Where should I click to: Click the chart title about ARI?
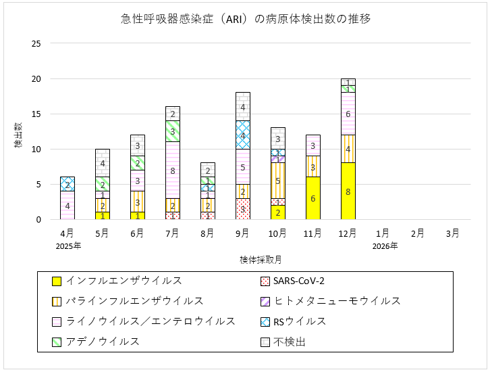pyautogui.click(x=244, y=19)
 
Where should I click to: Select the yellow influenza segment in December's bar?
pyautogui.click(x=348, y=191)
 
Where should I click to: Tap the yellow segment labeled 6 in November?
pyautogui.click(x=312, y=198)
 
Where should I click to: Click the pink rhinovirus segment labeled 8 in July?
pyautogui.click(x=172, y=170)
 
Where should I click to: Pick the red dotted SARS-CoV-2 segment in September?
pyautogui.click(x=242, y=209)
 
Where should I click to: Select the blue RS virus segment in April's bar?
pyautogui.click(x=67, y=184)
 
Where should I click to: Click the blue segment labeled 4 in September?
pyautogui.click(x=242, y=135)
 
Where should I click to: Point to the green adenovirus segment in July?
pyautogui.click(x=172, y=131)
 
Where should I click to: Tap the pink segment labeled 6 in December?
pyautogui.click(x=348, y=114)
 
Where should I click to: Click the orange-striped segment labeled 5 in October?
pyautogui.click(x=277, y=181)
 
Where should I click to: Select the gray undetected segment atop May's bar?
pyautogui.click(x=102, y=163)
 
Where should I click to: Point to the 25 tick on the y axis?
pyautogui.click(x=35, y=44)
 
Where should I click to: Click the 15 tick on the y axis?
pyautogui.click(x=35, y=114)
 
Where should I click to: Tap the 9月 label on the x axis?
pyautogui.click(x=242, y=233)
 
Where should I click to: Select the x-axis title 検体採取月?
pyautogui.click(x=260, y=260)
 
